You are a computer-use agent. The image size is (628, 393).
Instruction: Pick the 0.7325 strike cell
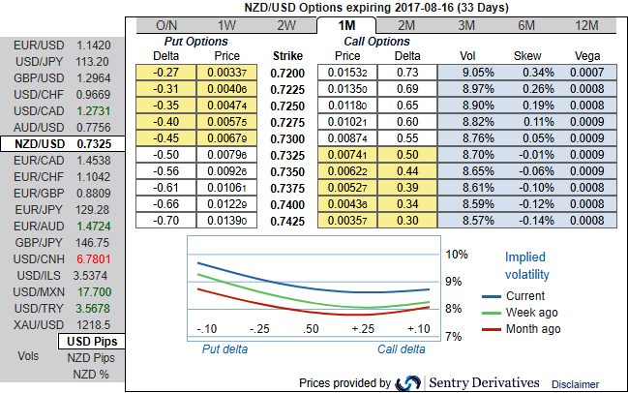[287, 154]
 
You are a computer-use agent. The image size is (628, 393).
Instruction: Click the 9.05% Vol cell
[468, 72]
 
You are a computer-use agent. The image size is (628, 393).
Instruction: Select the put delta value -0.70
[167, 220]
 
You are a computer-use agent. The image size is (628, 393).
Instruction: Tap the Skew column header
[527, 56]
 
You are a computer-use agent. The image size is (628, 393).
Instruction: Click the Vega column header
[587, 56]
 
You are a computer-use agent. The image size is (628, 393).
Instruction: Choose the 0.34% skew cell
[527, 72]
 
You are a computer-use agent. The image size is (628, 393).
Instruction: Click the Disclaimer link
[576, 384]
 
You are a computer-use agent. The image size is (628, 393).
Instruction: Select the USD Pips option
[91, 342]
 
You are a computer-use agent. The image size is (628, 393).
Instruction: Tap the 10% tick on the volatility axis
[457, 254]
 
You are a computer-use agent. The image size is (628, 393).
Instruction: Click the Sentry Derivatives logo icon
[409, 383]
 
